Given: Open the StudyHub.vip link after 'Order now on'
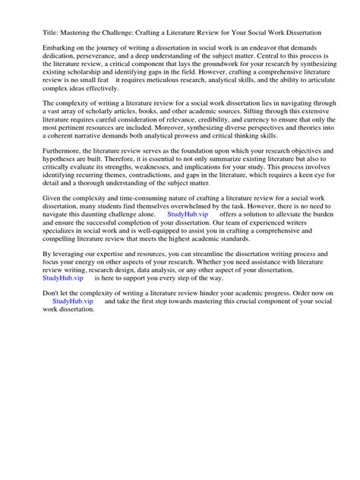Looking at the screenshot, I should pos(74,346).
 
